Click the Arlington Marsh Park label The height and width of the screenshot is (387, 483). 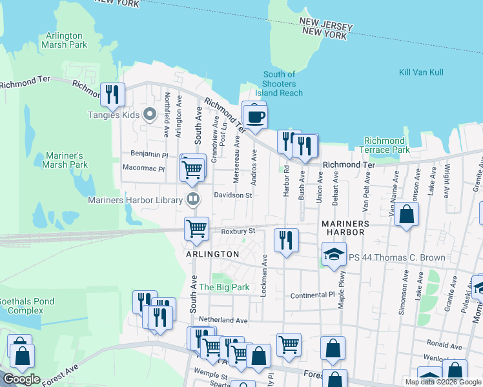[x=64, y=41]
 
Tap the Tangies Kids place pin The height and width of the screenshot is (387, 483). [x=150, y=115]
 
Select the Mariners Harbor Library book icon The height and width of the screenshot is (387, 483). [x=192, y=199]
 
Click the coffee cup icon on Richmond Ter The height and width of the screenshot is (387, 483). [x=256, y=117]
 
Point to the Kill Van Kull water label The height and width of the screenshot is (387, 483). [x=421, y=72]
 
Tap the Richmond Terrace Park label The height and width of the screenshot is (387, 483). [x=384, y=145]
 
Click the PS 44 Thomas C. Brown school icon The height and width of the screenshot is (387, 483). [x=334, y=255]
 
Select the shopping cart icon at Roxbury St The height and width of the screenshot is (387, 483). [x=196, y=228]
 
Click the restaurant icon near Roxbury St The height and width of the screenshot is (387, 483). [x=285, y=240]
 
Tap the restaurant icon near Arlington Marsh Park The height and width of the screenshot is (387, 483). [x=113, y=94]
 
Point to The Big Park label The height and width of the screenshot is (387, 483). [x=223, y=287]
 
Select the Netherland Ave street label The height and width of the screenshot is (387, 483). [x=223, y=320]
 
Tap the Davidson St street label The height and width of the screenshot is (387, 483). [x=232, y=195]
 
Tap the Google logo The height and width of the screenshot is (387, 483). [x=22, y=379]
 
